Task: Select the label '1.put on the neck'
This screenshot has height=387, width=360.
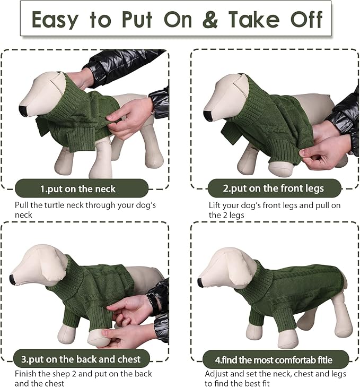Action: click(x=77, y=188)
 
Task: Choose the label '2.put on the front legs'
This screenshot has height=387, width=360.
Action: click(x=273, y=188)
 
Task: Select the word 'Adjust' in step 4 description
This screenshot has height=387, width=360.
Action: click(x=216, y=374)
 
